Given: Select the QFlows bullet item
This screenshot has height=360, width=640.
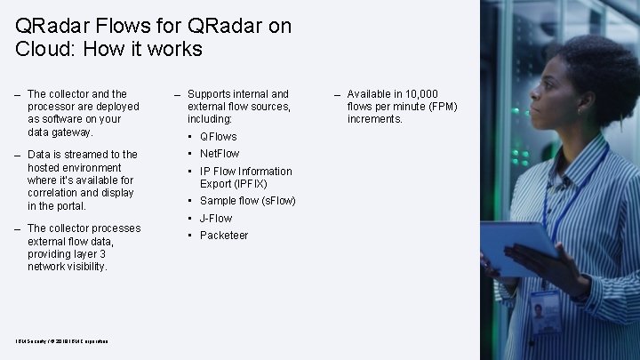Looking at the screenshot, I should pyautogui.click(x=218, y=137).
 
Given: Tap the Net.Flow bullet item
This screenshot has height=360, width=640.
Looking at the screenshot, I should pyautogui.click(x=220, y=154).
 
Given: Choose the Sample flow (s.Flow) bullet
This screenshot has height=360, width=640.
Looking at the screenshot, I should pyautogui.click(x=247, y=201).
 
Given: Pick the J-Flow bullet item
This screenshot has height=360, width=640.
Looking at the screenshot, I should pyautogui.click(x=216, y=218).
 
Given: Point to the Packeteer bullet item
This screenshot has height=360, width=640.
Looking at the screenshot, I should pyautogui.click(x=223, y=236).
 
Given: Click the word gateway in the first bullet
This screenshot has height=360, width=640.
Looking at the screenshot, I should pyautogui.click(x=73, y=132).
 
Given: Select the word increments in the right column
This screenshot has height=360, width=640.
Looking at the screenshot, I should pyautogui.click(x=374, y=119).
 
